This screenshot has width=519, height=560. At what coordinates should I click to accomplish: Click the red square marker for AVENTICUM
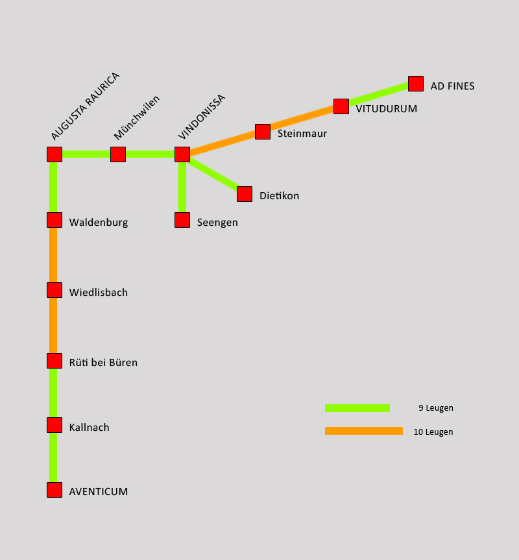pyautogui.click(x=54, y=490)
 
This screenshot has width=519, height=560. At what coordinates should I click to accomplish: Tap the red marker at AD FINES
pyautogui.click(x=416, y=84)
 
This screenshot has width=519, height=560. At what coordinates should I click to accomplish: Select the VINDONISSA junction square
pyautogui.click(x=182, y=154)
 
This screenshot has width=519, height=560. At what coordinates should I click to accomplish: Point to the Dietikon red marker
pyautogui.click(x=245, y=194)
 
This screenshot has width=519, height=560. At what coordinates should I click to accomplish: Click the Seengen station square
pyautogui.click(x=182, y=220)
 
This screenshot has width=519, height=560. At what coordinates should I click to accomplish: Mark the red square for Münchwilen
pyautogui.click(x=118, y=154)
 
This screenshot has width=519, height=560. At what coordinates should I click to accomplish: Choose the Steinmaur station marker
pyautogui.click(x=263, y=132)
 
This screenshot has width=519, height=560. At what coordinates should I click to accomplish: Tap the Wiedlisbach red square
pyautogui.click(x=54, y=290)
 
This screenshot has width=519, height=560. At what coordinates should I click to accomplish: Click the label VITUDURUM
pyautogui.click(x=386, y=109)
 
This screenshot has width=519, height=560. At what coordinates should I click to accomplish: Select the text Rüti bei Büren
pyautogui.click(x=103, y=363)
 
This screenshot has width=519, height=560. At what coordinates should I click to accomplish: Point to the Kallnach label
pyautogui.click(x=89, y=428)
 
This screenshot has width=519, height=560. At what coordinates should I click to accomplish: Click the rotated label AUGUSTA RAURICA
pyautogui.click(x=85, y=106)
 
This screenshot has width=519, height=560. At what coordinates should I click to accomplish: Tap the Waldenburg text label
pyautogui.click(x=99, y=223)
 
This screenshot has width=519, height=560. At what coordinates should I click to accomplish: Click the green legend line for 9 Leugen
pyautogui.click(x=357, y=408)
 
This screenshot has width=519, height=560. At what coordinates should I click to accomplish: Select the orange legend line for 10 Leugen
pyautogui.click(x=363, y=431)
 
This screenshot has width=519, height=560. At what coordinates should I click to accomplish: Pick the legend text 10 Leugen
pyautogui.click(x=433, y=432)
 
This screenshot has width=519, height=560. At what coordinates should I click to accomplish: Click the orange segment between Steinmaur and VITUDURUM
pyautogui.click(x=302, y=119)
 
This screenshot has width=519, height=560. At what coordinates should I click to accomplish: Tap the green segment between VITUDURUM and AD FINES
pyautogui.click(x=379, y=95)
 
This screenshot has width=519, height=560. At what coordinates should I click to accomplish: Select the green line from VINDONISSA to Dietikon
pyautogui.click(x=214, y=175)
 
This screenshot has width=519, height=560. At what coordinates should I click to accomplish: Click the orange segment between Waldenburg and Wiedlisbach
pyautogui.click(x=53, y=255)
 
